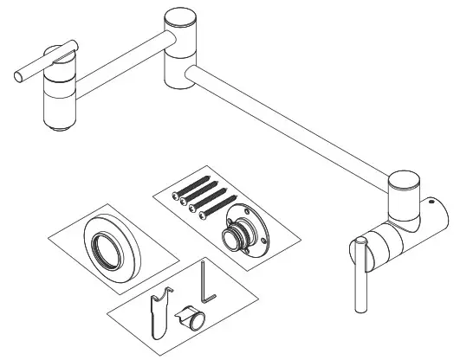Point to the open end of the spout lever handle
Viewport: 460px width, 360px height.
click(19, 76)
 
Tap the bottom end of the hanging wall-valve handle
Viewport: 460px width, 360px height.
click(359, 308)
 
